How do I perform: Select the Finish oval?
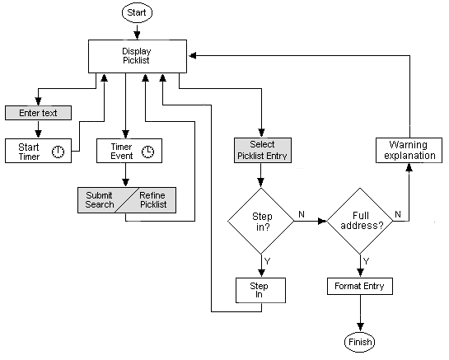click(x=360, y=340)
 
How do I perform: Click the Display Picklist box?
click(x=138, y=56)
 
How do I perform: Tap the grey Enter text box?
click(x=37, y=111)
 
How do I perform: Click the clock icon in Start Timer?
click(x=59, y=152)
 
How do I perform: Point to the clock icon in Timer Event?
click(x=147, y=152)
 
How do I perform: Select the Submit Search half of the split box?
click(x=99, y=199)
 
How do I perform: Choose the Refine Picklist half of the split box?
click(x=153, y=199)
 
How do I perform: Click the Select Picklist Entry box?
click(x=261, y=149)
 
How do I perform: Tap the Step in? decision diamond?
click(x=261, y=220)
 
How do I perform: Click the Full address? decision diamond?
click(x=360, y=220)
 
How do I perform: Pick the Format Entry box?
click(x=360, y=287)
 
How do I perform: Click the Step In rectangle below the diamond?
click(x=261, y=289)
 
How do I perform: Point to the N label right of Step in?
click(x=301, y=213)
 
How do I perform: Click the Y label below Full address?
click(x=366, y=261)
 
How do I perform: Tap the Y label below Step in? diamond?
click(x=267, y=261)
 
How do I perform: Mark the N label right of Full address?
click(x=398, y=213)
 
